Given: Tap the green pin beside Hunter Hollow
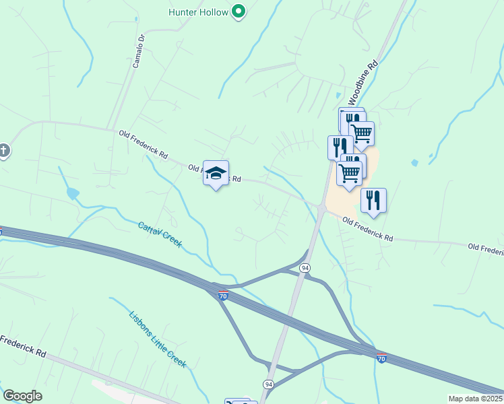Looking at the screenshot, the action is (x=238, y=11).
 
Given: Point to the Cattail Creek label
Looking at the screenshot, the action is (x=160, y=234).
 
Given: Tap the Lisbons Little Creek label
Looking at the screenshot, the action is (x=157, y=338).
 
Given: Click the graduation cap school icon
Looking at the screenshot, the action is (x=216, y=173).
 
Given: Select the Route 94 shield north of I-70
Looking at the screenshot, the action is (x=306, y=268).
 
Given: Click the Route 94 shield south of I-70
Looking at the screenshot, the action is (x=268, y=383).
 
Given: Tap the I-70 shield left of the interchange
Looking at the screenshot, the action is (x=223, y=296).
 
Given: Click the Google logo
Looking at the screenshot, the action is (x=22, y=396).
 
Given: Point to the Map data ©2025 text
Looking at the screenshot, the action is (x=475, y=399).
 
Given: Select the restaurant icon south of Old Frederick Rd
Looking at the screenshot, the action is (x=373, y=200).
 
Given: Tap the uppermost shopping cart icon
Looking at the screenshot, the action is (x=362, y=133).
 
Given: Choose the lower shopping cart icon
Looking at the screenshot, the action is (x=349, y=173).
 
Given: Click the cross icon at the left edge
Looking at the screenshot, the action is (x=4, y=150).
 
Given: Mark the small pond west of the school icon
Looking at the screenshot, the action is (x=71, y=194).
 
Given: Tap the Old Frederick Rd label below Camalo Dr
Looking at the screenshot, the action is (x=143, y=144).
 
